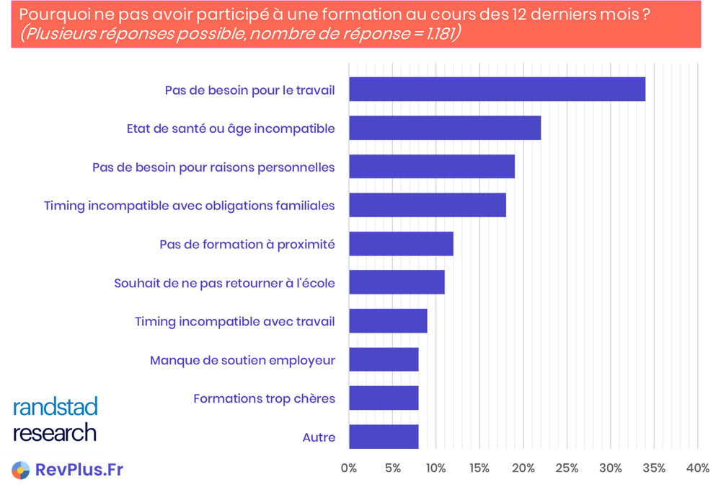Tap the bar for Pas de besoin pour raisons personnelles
pyautogui.click(x=432, y=167)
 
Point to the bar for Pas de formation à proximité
pyautogui.click(x=400, y=244)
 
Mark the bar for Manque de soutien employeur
pyautogui.click(x=383, y=359)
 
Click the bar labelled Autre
pyautogui.click(x=383, y=437)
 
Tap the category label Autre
pyautogui.click(x=318, y=437)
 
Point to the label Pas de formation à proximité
pyautogui.click(x=247, y=244)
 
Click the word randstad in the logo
pyautogui.click(x=55, y=408)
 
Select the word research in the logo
pyautogui.click(x=55, y=433)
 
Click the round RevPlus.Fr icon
pyautogui.click(x=19, y=470)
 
